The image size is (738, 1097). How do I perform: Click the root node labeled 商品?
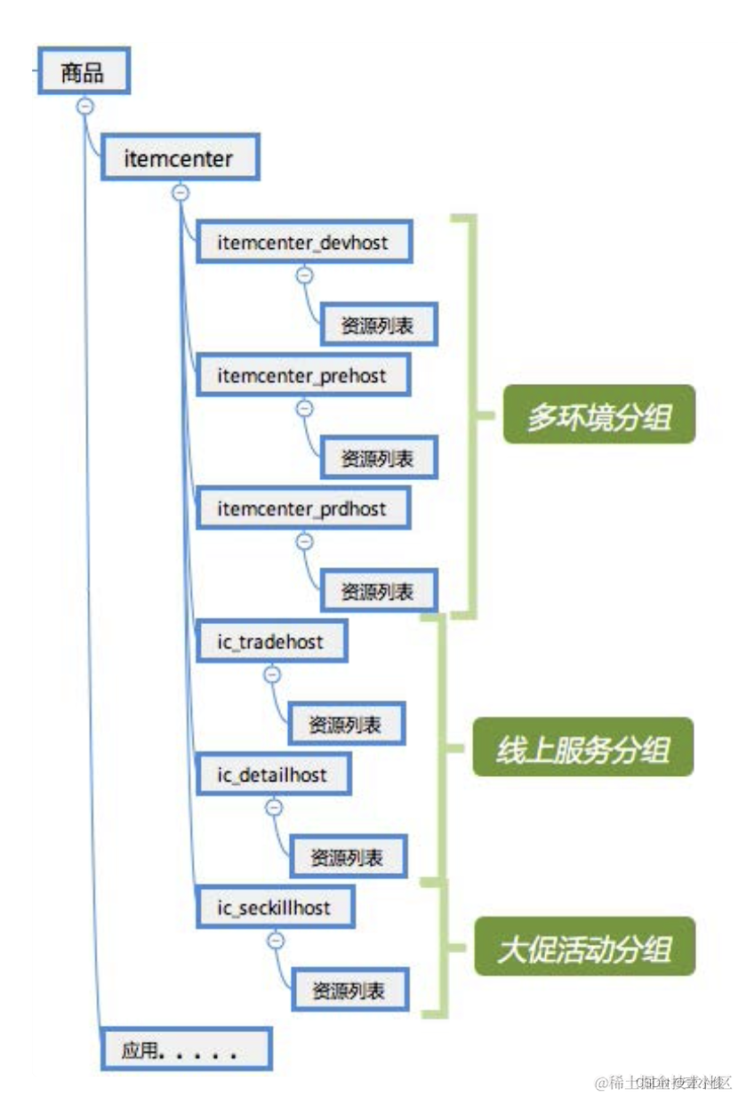pos(83,72)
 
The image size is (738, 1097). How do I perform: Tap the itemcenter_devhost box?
pos(303,242)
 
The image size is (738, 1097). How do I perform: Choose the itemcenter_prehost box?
pos(302,376)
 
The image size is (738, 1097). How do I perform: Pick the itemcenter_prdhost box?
pos(302,509)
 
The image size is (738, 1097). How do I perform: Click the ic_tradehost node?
pos(271,641)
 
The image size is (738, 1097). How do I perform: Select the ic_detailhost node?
pos(273,774)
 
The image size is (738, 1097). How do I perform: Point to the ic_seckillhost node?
pos(274,908)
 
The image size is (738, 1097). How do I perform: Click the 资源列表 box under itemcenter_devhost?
pos(378,326)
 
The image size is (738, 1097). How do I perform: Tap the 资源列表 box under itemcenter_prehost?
pos(378,459)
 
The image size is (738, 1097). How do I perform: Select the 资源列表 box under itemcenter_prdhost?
pos(378,591)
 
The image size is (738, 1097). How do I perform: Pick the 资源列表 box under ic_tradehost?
pos(345,725)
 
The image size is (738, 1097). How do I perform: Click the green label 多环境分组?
pos(598,414)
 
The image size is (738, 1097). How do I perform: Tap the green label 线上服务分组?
pos(582,748)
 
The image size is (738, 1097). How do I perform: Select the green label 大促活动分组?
pos(583,949)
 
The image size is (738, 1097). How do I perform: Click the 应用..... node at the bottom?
pos(185,1051)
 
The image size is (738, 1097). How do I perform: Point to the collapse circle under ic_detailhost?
pos(274,807)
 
